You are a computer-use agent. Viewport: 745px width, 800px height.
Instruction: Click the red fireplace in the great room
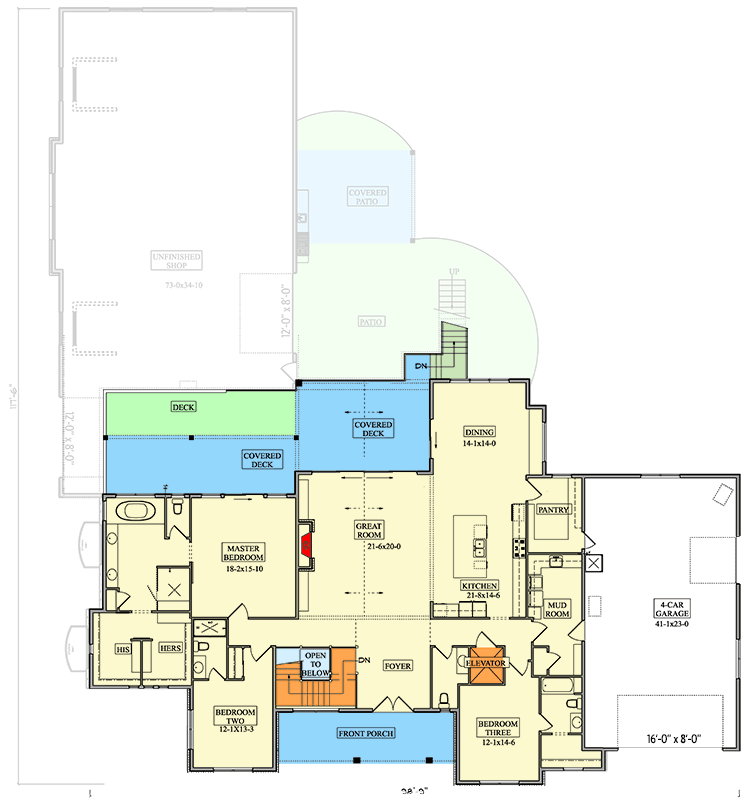pyautogui.click(x=308, y=546)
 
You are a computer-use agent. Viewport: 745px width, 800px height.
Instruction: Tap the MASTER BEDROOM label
pyautogui.click(x=243, y=553)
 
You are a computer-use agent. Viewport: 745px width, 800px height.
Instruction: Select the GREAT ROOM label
pyautogui.click(x=370, y=529)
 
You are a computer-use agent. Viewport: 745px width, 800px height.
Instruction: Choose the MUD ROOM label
pyautogui.click(x=557, y=609)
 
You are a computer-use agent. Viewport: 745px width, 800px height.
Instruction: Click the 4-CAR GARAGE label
pyautogui.click(x=671, y=609)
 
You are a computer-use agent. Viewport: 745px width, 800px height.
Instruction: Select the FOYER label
pyautogui.click(x=398, y=663)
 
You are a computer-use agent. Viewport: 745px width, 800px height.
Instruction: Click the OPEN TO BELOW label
pyautogui.click(x=316, y=663)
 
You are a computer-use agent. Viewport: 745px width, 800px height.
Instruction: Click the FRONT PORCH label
pyautogui.click(x=366, y=733)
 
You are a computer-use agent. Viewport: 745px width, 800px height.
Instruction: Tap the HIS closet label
pyautogui.click(x=123, y=649)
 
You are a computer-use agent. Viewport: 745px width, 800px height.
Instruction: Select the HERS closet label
pyautogui.click(x=170, y=649)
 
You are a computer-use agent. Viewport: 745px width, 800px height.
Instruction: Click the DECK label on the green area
pyautogui.click(x=183, y=407)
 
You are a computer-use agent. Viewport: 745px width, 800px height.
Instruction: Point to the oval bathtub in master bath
pyautogui.click(x=135, y=513)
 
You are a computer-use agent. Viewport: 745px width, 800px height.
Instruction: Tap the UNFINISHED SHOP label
pyautogui.click(x=177, y=261)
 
